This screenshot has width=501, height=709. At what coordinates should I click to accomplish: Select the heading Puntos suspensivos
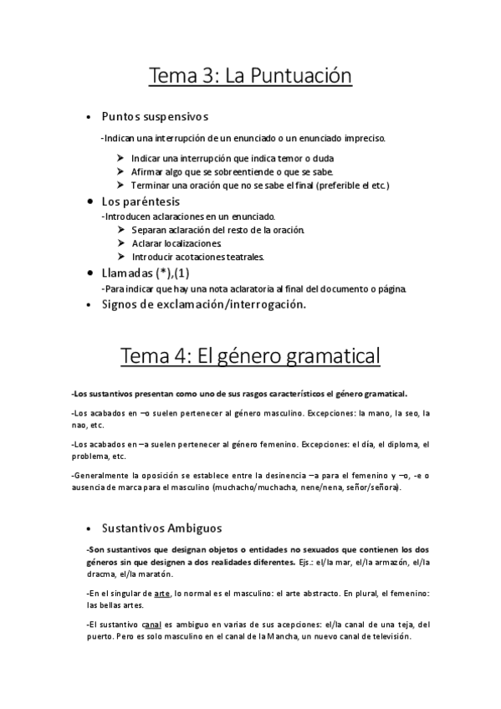pos(155,115)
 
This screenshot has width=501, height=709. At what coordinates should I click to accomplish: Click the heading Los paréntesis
pos(141,201)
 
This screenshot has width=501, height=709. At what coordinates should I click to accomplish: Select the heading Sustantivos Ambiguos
pos(161,528)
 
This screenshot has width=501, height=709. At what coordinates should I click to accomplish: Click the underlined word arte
pos(175,593)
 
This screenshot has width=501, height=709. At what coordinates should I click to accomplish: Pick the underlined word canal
pos(151,624)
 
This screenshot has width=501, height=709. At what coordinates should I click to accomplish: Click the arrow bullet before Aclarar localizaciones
pos(122,242)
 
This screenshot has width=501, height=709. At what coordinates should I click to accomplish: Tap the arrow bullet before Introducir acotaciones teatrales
pos(122,256)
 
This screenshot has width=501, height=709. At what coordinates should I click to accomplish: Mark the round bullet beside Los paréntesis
pos(89,202)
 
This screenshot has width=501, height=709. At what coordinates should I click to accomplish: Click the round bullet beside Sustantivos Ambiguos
pos(89,529)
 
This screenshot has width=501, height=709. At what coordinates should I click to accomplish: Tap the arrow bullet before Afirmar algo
pos(122,171)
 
